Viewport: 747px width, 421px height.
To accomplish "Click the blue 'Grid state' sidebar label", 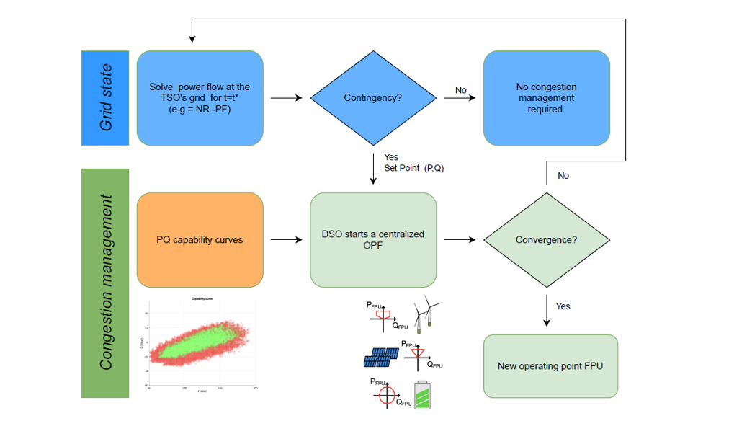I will [105, 98].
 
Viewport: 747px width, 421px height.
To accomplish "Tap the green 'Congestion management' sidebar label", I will [105, 283].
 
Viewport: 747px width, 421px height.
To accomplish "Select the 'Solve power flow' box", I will [200, 98].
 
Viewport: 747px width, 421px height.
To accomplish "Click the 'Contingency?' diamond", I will [373, 98].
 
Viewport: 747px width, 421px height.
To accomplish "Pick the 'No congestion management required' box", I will [546, 98].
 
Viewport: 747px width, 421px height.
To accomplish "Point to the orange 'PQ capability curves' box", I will [200, 239].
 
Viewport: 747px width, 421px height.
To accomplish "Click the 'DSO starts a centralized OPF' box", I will [373, 239].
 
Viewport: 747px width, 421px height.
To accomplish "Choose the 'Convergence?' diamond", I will [546, 239].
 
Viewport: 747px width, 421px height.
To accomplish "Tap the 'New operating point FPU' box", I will [550, 365].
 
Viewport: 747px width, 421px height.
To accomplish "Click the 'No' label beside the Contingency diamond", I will [461, 90].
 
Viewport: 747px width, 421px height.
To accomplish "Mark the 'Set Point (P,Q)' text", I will [413, 168].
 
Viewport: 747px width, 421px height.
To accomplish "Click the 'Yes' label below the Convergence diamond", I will [563, 306].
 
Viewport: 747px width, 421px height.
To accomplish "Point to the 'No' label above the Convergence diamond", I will [563, 175].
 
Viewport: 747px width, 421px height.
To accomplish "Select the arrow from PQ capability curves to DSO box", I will [287, 239].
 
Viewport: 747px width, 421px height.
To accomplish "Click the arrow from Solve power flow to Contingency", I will [287, 98].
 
